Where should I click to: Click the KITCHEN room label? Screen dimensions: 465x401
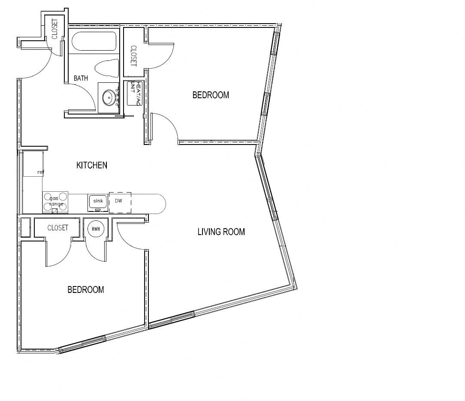tap(92, 165)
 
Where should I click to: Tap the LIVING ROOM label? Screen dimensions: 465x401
tap(221, 232)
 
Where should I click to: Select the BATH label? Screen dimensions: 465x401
tap(81, 78)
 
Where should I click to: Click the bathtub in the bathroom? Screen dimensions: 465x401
tap(94, 42)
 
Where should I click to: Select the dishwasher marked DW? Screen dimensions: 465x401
tap(120, 202)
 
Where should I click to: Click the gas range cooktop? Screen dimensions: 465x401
tap(55, 202)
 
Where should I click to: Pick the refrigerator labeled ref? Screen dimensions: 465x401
tap(33, 164)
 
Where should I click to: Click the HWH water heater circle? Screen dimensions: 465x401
tap(96, 229)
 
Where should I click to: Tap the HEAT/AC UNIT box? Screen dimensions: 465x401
tap(133, 93)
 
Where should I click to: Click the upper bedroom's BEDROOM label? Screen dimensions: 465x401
tap(211, 95)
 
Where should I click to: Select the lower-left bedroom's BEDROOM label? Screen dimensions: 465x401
tap(86, 290)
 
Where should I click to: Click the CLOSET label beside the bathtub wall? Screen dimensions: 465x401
tap(133, 56)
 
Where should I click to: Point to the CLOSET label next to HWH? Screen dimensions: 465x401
tap(57, 228)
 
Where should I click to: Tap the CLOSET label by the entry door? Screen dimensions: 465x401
tap(54, 29)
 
